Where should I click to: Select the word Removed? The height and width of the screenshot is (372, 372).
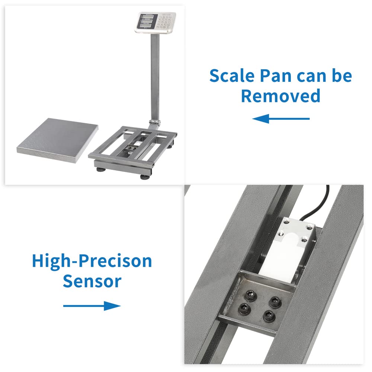click(x=280, y=96)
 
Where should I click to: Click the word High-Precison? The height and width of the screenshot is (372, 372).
click(x=92, y=262)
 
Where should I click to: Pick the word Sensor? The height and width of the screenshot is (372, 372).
click(x=92, y=281)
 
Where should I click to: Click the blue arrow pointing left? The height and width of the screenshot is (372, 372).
click(x=281, y=119)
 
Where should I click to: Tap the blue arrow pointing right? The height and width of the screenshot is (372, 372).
click(x=92, y=306)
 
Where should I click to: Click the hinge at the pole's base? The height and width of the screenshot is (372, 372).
click(x=155, y=122)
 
